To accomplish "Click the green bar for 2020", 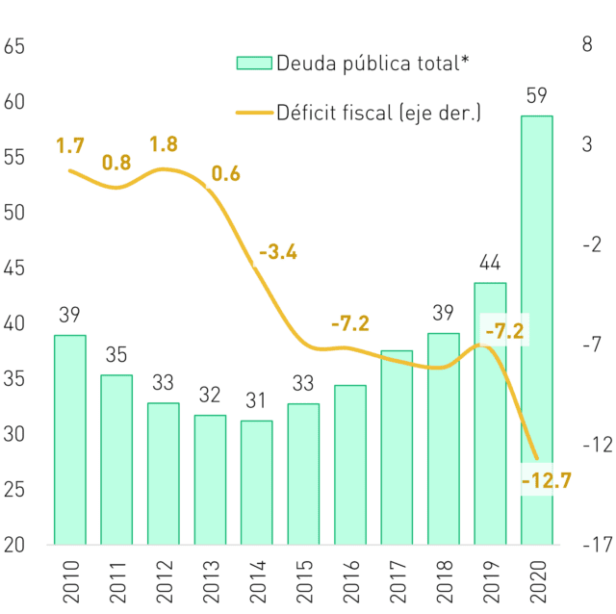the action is pos(537,330).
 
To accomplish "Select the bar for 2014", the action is pos(257,482).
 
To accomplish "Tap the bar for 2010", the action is pos(70,440).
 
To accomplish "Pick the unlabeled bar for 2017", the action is pos(397,448).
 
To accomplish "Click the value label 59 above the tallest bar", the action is pos(537,95).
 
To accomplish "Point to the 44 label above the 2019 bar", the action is pos(490,263).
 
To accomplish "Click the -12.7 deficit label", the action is pos(547,480).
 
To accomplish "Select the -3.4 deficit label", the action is pos(278,252).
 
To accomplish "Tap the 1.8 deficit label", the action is pos(164,143).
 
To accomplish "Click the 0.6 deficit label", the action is pos(226,173).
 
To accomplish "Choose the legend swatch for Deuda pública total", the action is pos(254,64).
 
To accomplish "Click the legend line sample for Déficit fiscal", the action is pos(254,113).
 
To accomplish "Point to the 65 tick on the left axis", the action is pos(14,46).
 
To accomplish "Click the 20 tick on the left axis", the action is pos(14,545).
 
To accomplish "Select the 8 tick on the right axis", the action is pos(587,44).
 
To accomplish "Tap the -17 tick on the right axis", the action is pos(598,545).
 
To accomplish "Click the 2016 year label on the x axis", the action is pos(350,581).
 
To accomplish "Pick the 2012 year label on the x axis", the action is pos(164,581).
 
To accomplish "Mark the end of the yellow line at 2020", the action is pos(537,458).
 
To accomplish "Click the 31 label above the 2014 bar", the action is pos(256,400).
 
